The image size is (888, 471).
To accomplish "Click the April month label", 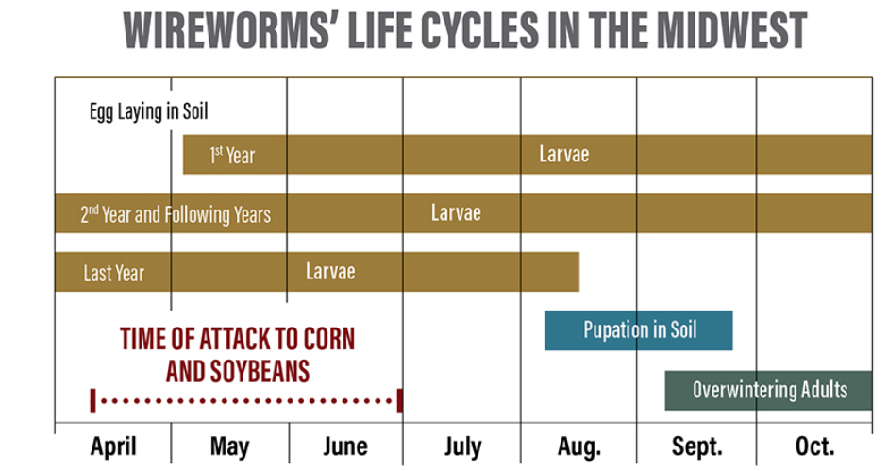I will [113, 446].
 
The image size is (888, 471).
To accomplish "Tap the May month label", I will [230, 446].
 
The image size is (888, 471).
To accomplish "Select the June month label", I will [345, 446].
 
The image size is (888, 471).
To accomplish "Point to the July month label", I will [461, 446].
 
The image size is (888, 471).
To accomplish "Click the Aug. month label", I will [578, 446].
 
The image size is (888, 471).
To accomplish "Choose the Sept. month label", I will [696, 446].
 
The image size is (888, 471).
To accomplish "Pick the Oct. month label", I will [814, 446].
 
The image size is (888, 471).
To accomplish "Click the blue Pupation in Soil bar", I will [639, 330].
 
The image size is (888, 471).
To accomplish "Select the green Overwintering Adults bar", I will [769, 390].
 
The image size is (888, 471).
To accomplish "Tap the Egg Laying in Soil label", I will [148, 111].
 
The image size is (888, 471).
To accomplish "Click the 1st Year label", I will [232, 155].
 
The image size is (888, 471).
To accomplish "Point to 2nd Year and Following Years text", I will [176, 214].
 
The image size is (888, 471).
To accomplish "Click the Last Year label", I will [113, 274].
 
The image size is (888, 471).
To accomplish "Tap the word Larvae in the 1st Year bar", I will [563, 154].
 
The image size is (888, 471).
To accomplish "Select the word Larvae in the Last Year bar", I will [330, 272].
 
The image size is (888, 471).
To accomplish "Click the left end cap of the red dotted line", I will [92, 400].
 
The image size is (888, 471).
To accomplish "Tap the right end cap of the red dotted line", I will [400, 400].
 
